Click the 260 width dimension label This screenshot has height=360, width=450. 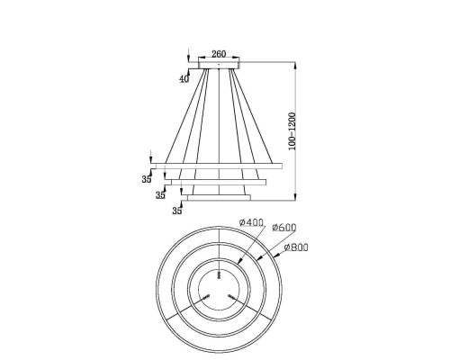[x=219, y=54]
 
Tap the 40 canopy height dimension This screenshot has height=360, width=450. [x=184, y=79]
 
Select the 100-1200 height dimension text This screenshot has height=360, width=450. [x=292, y=131]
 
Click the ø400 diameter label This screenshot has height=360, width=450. [x=251, y=222]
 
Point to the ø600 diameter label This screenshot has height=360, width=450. [x=284, y=228]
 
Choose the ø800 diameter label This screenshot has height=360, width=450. [x=296, y=247]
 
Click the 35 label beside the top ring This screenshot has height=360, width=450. [x=147, y=179]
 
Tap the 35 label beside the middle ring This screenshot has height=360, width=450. [x=160, y=195]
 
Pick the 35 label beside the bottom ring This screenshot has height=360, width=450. [x=177, y=211]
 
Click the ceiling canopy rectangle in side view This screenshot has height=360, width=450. [x=219, y=65]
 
